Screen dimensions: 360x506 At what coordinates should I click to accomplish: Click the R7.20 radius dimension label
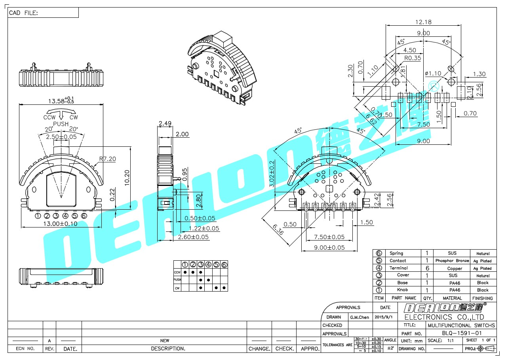coord(107,159)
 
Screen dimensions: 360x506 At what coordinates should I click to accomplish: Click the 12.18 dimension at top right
coord(423,22)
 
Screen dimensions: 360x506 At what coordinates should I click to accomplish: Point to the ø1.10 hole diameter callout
coord(433,73)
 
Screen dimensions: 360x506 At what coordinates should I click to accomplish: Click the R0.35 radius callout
coord(413,58)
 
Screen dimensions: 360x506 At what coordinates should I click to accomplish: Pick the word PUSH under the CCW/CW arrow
coord(61,124)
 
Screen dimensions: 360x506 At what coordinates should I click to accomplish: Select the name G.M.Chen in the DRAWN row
coord(359,317)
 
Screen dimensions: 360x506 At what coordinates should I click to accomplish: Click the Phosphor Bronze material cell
coord(452,261)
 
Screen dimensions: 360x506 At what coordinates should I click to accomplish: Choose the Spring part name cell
coord(396,253)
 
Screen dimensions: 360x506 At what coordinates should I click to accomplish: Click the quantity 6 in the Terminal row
coord(427,268)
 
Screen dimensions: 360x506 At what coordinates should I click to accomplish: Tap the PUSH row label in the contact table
coord(177,280)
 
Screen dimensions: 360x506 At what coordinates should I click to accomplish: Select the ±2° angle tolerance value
coord(390,348)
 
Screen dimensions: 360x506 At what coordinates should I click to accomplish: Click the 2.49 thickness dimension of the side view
coord(165,123)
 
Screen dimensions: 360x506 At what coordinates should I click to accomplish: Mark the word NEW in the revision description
coord(164,340)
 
